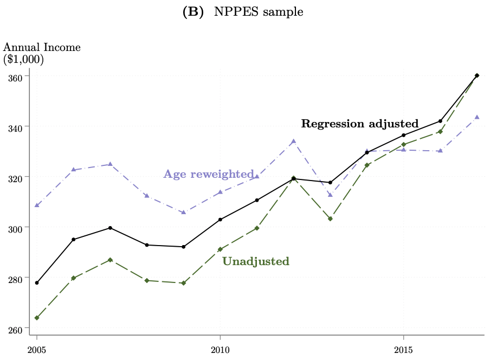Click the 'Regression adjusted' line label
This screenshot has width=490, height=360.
coord(359,124)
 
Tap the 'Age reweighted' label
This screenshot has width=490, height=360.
coord(209,174)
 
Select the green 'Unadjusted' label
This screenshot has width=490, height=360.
coord(256,261)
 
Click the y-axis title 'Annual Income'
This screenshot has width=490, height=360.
coord(42,47)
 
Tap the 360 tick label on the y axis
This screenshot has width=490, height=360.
coord(15,77)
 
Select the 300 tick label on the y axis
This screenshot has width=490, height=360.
coord(15,228)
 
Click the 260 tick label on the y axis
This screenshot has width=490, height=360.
coord(15,329)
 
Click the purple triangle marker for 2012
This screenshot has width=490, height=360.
coord(293,142)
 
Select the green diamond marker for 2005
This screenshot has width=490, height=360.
coord(36,318)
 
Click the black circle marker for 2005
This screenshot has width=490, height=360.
coord(36,282)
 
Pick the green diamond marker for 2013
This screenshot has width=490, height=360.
coord(330,218)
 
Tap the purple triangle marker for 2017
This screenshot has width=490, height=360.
coord(477,117)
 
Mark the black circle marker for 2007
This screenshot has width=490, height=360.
coord(110,228)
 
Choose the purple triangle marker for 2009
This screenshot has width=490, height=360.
coord(183,212)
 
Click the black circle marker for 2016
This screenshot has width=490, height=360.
coord(440,121)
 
